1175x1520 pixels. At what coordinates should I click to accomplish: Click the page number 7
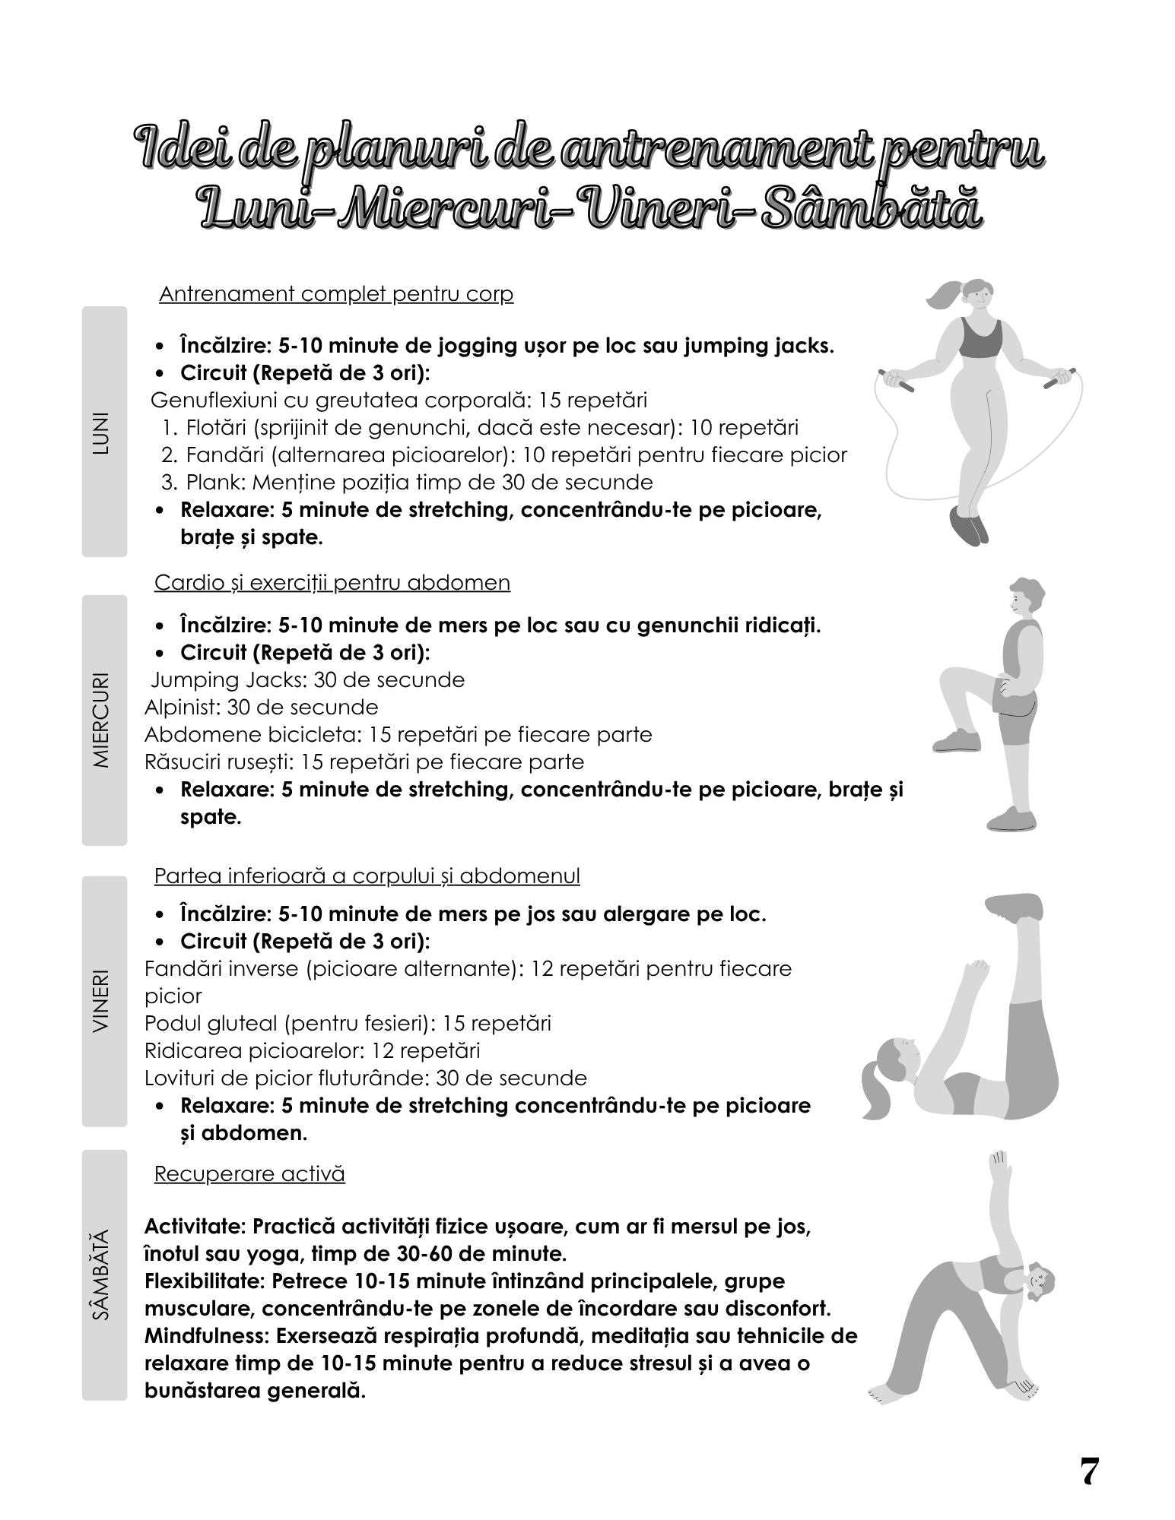pos(1088,1471)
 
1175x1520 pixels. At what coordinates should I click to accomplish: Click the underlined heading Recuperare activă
pos(249,1173)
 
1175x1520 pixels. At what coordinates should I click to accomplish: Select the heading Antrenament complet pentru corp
pos(336,294)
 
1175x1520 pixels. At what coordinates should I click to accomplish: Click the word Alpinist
pos(180,708)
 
